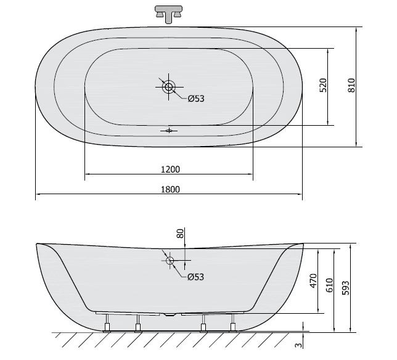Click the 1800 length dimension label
(170, 189)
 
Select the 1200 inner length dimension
(170, 169)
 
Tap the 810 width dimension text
(352, 85)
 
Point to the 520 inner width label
(323, 85)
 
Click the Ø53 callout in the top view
(195, 99)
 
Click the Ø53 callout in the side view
(195, 277)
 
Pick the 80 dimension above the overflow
(180, 234)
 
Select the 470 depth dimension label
(313, 280)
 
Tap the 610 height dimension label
(329, 285)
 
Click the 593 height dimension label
(345, 288)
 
